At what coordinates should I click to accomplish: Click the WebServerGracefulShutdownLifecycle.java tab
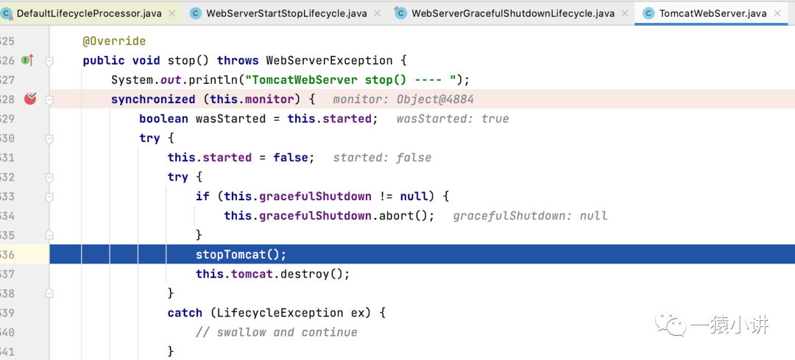512,14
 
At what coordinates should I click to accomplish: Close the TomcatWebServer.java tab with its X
777,14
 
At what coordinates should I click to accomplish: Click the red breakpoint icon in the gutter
30,99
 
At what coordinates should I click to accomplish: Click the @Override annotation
114,41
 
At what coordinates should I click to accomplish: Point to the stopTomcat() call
241,255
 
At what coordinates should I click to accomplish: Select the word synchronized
153,99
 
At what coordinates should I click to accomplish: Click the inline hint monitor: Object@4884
403,99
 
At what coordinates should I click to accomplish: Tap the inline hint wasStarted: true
452,119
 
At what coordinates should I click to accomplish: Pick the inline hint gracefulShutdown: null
530,216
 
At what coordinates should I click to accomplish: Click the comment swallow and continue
277,333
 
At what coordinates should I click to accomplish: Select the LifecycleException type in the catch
280,313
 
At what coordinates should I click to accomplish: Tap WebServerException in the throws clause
329,60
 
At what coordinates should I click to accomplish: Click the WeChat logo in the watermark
671,323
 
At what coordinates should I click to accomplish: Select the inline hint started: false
382,158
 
